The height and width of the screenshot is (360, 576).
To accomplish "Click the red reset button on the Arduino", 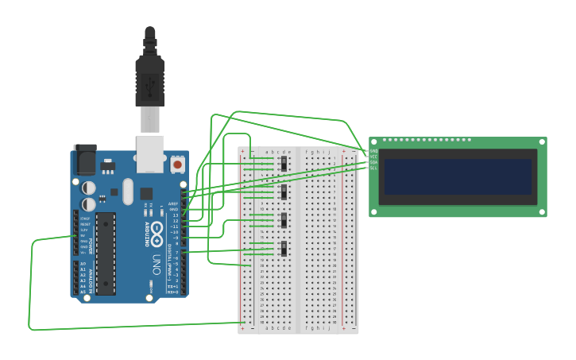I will coord(178,165).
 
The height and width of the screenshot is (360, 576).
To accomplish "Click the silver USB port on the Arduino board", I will coord(149,153).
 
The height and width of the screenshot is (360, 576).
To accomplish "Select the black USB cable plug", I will coord(149,79).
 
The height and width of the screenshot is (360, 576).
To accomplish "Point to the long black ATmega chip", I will coord(106,253).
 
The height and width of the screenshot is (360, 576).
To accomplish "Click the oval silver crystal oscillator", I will coord(128,189).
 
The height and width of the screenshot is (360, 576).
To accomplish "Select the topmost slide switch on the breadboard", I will coord(284,164).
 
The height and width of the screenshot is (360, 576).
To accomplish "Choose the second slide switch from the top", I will coord(284,192).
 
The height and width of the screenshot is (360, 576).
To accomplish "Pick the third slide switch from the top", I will coord(284,220).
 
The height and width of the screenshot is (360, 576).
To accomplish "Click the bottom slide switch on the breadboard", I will coord(284,249).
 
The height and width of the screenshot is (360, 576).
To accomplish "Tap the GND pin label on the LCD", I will coord(373,151).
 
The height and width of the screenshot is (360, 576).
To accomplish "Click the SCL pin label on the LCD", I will coord(373,168).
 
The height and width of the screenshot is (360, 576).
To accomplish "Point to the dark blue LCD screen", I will coord(458,176).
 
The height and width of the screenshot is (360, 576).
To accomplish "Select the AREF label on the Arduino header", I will coord(173,203).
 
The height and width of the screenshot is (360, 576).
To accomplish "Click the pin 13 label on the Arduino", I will coord(174,215).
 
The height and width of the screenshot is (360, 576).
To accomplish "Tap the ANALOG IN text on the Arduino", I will coord(91,278).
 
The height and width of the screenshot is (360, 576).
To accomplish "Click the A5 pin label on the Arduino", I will coord(83,292).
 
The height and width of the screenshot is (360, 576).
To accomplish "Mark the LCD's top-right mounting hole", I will coord(543,142).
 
